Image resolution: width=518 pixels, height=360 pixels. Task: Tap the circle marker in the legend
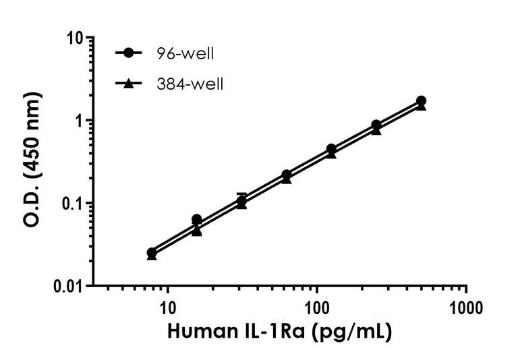[129, 53]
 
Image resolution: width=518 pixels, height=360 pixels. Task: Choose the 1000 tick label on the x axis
[466, 309]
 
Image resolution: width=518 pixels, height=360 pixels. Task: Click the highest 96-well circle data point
[422, 101]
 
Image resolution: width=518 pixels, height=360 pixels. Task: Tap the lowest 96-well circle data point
[152, 252]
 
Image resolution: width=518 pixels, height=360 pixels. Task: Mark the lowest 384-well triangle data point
[152, 256]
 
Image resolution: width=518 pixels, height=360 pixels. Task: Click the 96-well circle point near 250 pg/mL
[376, 125]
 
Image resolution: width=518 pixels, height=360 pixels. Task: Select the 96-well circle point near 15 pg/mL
[197, 219]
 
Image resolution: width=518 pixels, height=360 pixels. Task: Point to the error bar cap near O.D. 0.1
[241, 194]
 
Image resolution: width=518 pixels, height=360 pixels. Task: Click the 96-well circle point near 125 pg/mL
[331, 149]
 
